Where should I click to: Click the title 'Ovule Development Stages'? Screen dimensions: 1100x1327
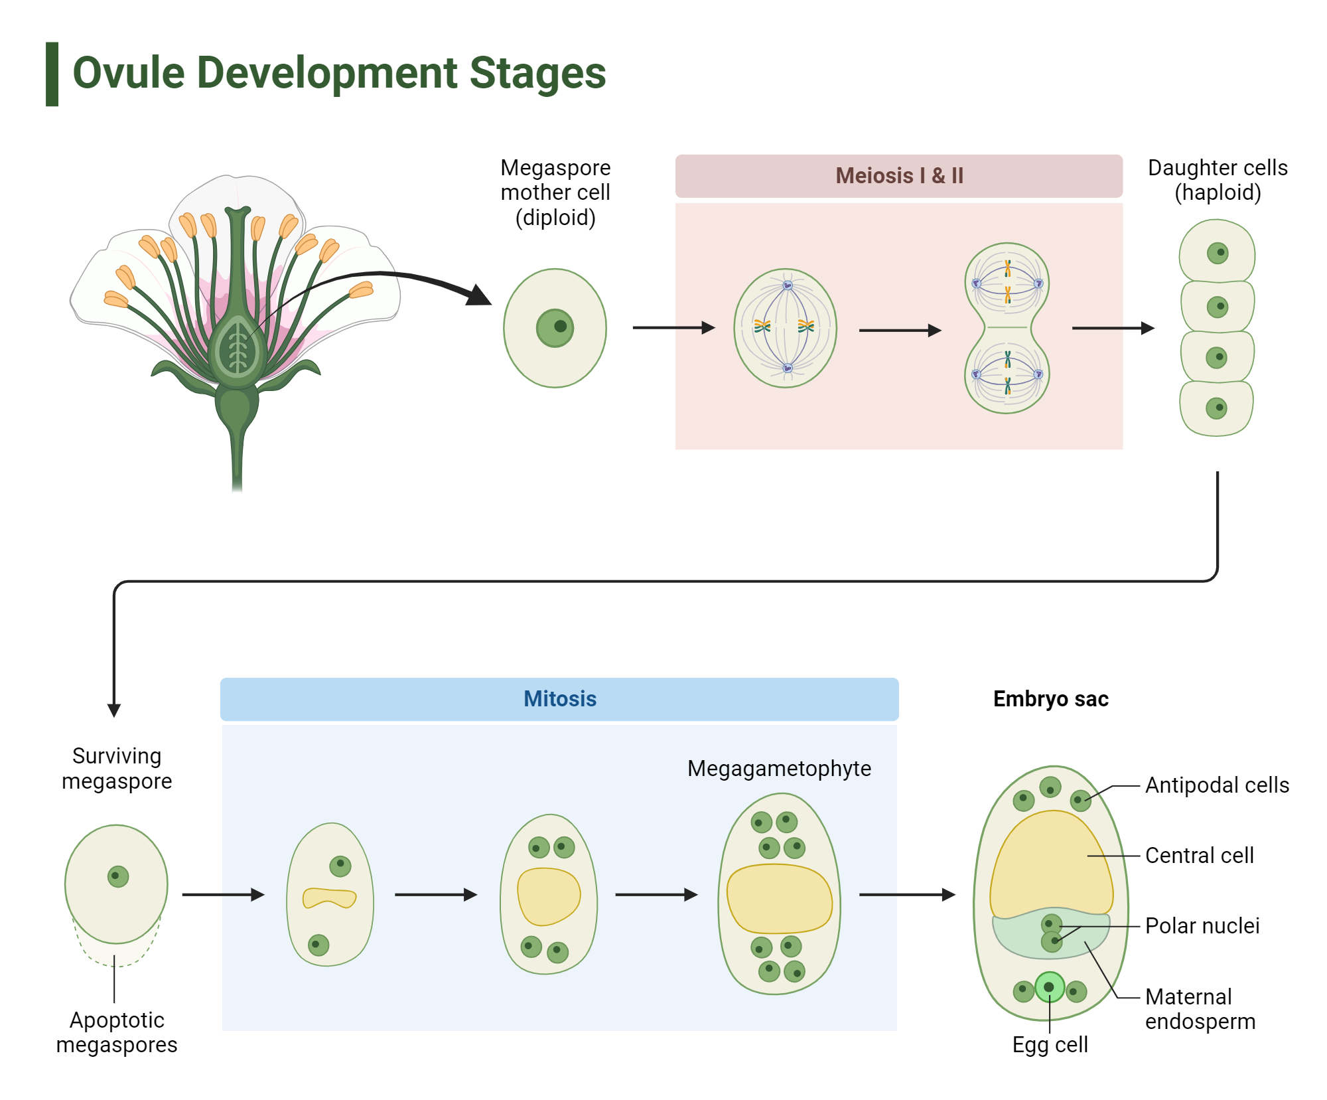pos(338,73)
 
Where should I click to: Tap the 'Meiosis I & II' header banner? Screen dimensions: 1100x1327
pos(898,176)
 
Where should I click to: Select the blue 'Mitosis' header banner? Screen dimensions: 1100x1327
pos(559,699)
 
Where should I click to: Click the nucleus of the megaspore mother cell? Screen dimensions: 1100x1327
pos(555,328)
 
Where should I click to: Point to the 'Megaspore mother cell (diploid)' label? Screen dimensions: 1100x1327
pos(555,193)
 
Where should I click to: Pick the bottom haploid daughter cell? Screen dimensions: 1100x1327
pos(1216,408)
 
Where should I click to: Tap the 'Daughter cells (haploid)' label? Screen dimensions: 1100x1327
pos(1218,180)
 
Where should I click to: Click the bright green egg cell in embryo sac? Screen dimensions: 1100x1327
pos(1049,987)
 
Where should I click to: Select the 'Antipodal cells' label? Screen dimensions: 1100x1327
pos(1217,785)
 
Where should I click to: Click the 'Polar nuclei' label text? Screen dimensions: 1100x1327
pos(1202,926)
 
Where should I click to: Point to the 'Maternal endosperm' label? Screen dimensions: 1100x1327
pos(1200,1009)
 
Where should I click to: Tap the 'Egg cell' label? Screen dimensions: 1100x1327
pos(1050,1045)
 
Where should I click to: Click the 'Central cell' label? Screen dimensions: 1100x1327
pos(1199,856)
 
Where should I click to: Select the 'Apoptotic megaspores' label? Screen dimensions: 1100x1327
pos(117,1032)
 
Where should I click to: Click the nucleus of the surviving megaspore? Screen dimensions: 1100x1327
pos(117,876)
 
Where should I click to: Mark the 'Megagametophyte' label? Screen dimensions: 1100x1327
pos(779,769)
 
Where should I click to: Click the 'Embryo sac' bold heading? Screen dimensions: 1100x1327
pos(1050,699)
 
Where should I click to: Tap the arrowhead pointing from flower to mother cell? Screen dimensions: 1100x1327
pos(479,295)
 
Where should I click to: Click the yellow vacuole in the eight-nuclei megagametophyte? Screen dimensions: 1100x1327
pos(779,898)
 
